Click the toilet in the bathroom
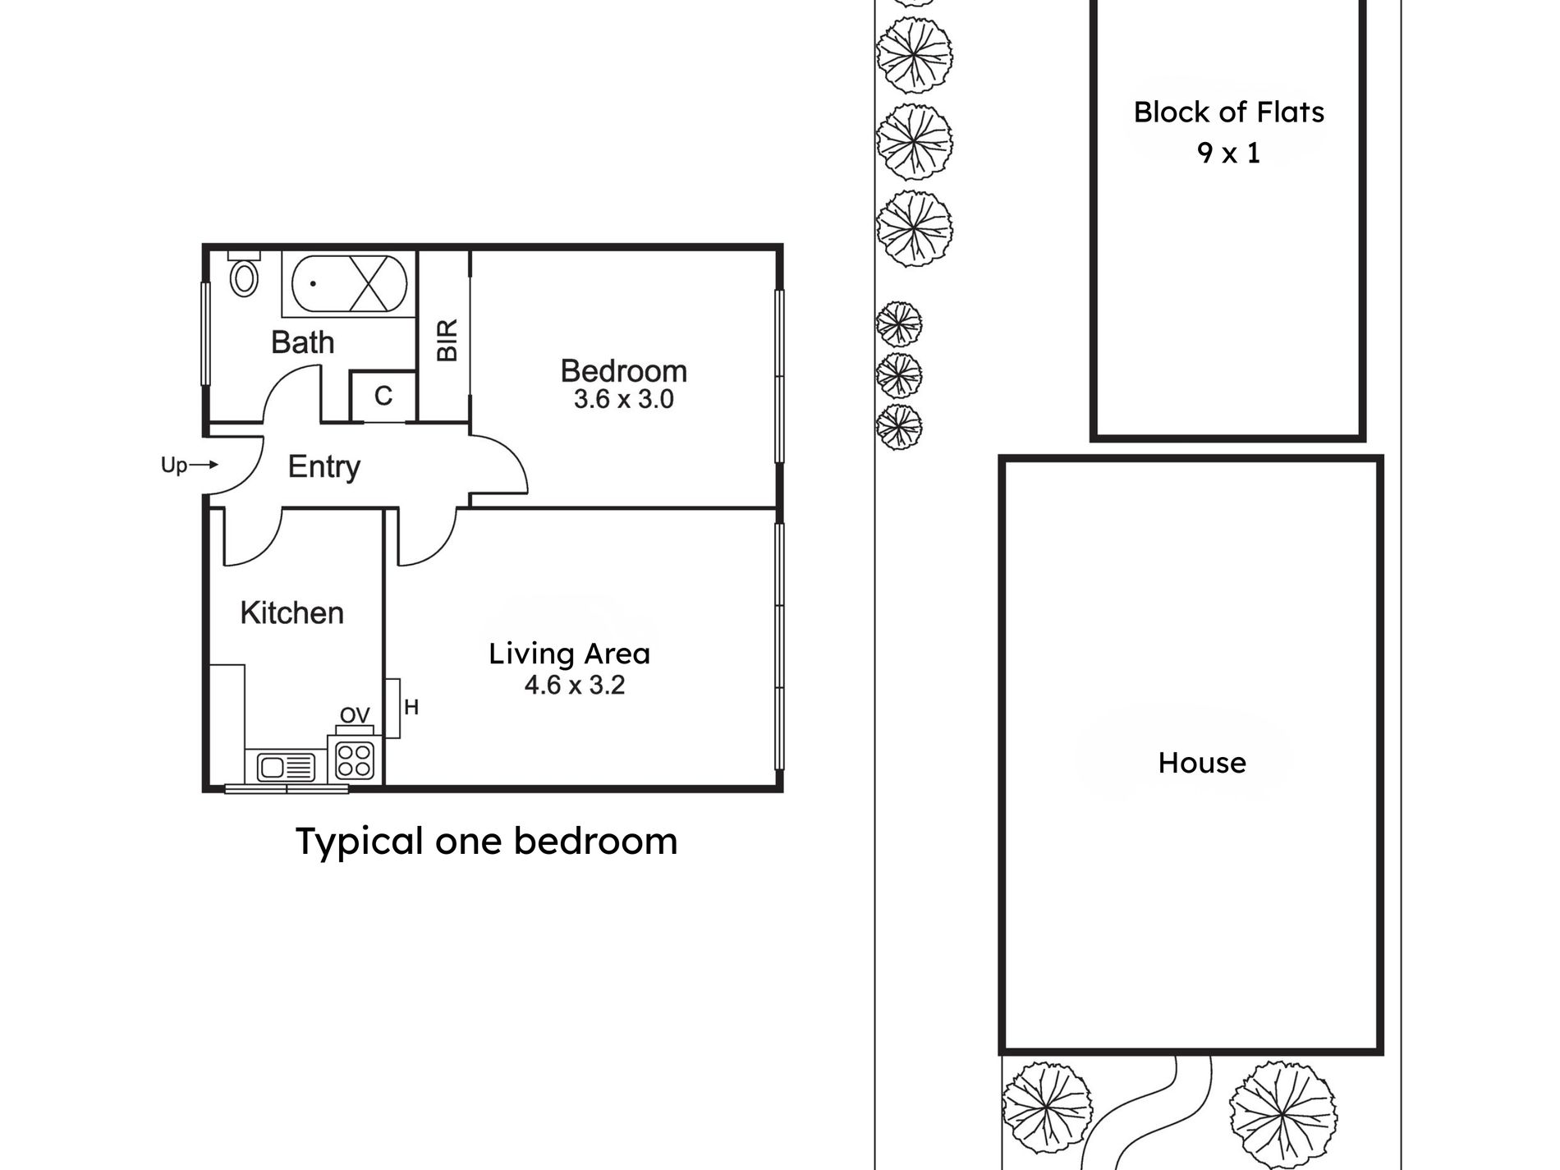click(243, 273)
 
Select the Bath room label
click(303, 342)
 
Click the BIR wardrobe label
click(447, 340)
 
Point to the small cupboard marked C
click(383, 397)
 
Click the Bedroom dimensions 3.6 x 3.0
click(623, 400)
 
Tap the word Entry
click(323, 467)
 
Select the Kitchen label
click(291, 613)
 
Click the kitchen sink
click(286, 768)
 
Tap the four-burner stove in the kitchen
click(355, 759)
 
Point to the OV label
click(355, 716)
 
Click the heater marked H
click(392, 708)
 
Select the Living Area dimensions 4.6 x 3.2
click(575, 685)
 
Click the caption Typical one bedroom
click(486, 842)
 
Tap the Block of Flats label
click(1229, 112)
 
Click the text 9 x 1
click(1229, 153)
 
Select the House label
click(1202, 763)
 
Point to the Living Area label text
click(569, 654)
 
